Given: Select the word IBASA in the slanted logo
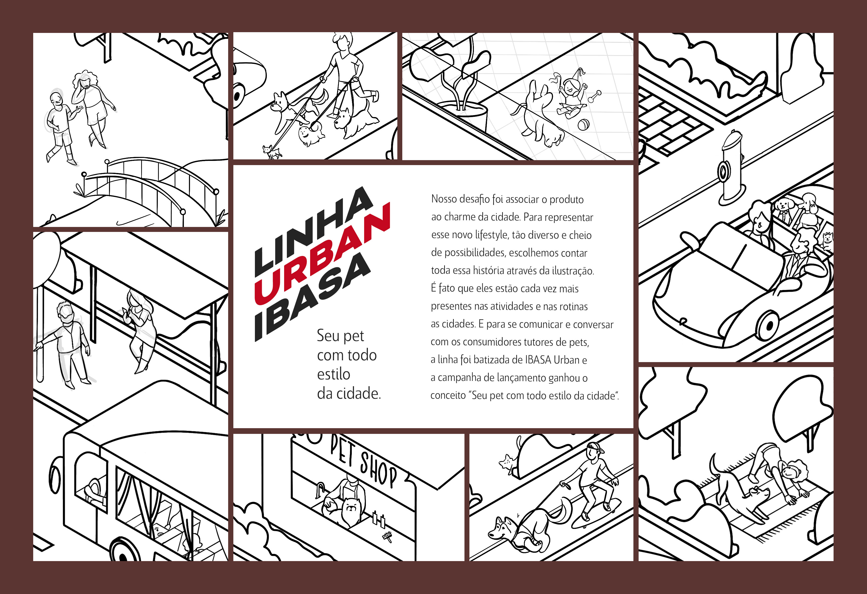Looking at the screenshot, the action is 313,296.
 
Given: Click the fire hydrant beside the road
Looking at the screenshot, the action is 732,168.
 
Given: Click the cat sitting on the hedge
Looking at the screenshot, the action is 507,462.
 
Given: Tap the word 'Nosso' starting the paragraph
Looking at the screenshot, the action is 444,199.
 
